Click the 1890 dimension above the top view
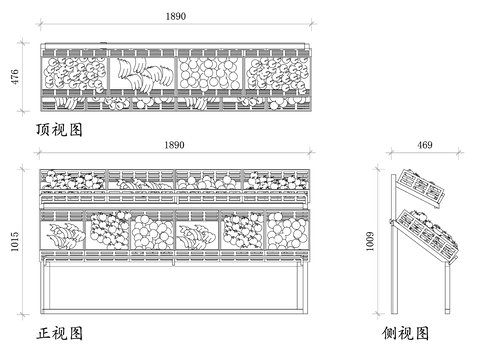coord(176,16)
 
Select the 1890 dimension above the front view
coord(174,145)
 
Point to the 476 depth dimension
coord(15,77)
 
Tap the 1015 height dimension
coord(15,242)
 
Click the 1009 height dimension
coord(370,242)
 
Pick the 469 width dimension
coord(425,145)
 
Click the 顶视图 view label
coord(59,130)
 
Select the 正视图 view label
coord(59,333)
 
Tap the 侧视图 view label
coord(405,333)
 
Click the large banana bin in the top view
coord(142,73)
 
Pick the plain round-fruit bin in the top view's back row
coord(210,73)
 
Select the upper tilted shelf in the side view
coord(422,188)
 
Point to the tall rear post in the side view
coord(394,244)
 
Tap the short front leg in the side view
coord(447,288)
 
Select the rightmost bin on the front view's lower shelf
coord(287,230)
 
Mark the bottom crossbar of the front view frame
coord(174,311)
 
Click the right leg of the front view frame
coord(303,288)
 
